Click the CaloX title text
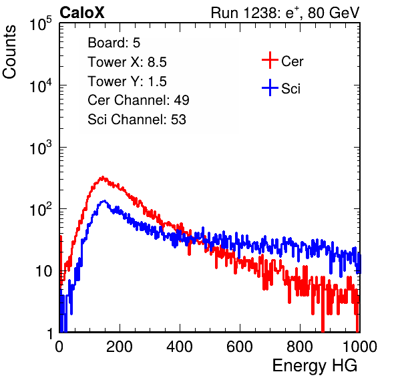coord(81,12)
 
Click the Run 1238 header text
coord(285,13)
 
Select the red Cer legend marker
coord(270,60)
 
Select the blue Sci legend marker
coord(270,87)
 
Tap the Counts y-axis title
coord(9,51)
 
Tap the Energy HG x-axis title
coord(315,366)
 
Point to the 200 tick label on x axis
coord(120,347)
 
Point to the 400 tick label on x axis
coord(180,347)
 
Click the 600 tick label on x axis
coord(240,347)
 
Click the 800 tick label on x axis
coord(300,347)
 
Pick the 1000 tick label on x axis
coord(360,347)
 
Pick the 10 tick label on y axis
coord(43,272)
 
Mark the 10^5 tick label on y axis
coord(41,23)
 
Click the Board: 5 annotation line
coord(114,43)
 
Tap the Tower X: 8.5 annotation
coord(127,62)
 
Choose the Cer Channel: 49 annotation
coord(138,100)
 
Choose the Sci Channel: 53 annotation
coord(137,120)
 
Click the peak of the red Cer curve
coord(102,178)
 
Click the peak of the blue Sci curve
coord(104,201)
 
